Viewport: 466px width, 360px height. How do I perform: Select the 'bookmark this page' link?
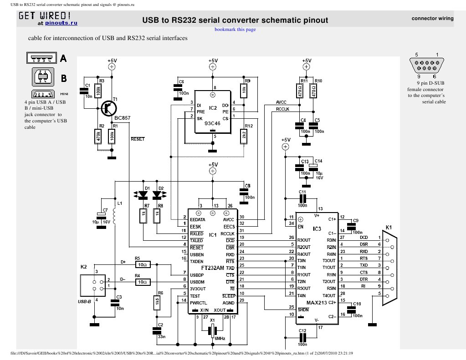click(x=235, y=30)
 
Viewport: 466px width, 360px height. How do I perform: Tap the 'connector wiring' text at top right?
click(x=432, y=19)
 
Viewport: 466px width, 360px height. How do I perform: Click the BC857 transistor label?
click(x=122, y=118)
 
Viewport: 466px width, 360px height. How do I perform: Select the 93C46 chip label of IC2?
click(x=212, y=123)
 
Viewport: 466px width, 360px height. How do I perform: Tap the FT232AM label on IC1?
click(x=212, y=268)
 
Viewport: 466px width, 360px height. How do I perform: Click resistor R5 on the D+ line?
click(x=142, y=264)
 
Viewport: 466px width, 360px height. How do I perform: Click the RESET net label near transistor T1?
click(x=137, y=139)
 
